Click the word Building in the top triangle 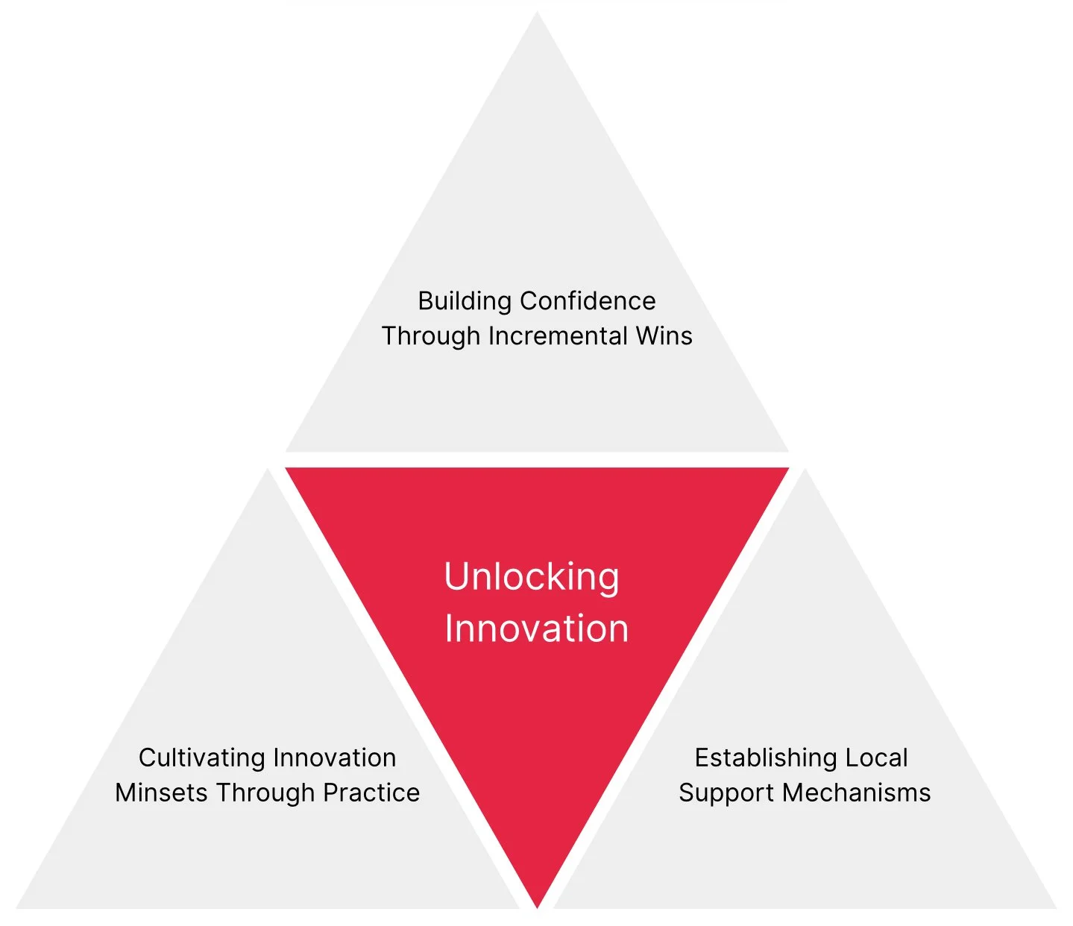pyautogui.click(x=465, y=302)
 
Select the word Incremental pyautogui.click(x=558, y=336)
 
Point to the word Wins pyautogui.click(x=664, y=336)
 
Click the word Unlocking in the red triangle pyautogui.click(x=532, y=578)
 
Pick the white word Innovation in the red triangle pyautogui.click(x=537, y=629)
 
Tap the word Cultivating pyautogui.click(x=201, y=758)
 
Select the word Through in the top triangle pyautogui.click(x=431, y=336)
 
